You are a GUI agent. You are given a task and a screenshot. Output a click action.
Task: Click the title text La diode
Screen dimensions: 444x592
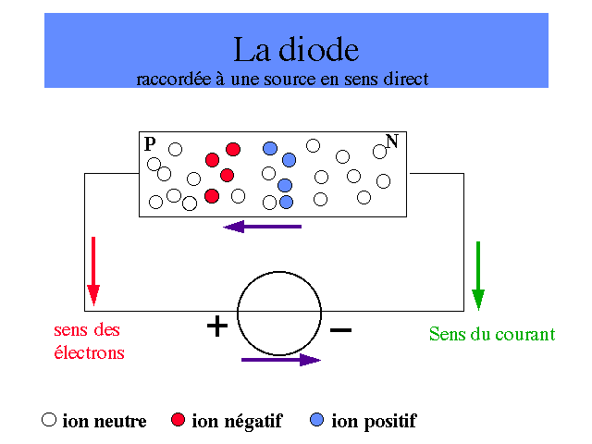coord(295,49)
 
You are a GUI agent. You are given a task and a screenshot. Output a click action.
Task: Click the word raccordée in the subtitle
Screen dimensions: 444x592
coord(172,79)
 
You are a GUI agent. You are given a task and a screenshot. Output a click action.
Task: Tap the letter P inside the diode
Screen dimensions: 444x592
coord(150,143)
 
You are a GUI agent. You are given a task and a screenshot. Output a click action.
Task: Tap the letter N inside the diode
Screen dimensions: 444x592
coord(392,142)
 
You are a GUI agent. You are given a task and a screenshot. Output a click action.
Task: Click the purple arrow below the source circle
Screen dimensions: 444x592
coord(280,360)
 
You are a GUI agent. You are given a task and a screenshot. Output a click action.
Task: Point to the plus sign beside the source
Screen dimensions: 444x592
coord(216,327)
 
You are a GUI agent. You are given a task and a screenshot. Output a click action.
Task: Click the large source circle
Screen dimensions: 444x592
coord(279,314)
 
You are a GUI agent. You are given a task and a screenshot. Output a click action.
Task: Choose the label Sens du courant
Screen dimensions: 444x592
coord(492,334)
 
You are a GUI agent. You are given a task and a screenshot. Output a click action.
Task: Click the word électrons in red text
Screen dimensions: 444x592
coord(89,352)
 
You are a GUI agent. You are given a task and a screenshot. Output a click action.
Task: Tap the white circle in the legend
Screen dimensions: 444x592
coord(50,419)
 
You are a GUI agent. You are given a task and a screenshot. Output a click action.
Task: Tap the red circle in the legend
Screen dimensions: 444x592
coord(179,419)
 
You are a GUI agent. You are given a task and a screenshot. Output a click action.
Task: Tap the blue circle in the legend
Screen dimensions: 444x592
coord(318,419)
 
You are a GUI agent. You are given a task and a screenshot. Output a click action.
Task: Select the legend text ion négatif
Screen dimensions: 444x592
coord(237,422)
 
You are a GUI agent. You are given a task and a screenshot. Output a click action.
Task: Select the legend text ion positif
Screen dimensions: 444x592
coord(374,422)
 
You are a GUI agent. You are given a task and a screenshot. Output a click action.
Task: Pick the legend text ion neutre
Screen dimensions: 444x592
coord(105,422)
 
